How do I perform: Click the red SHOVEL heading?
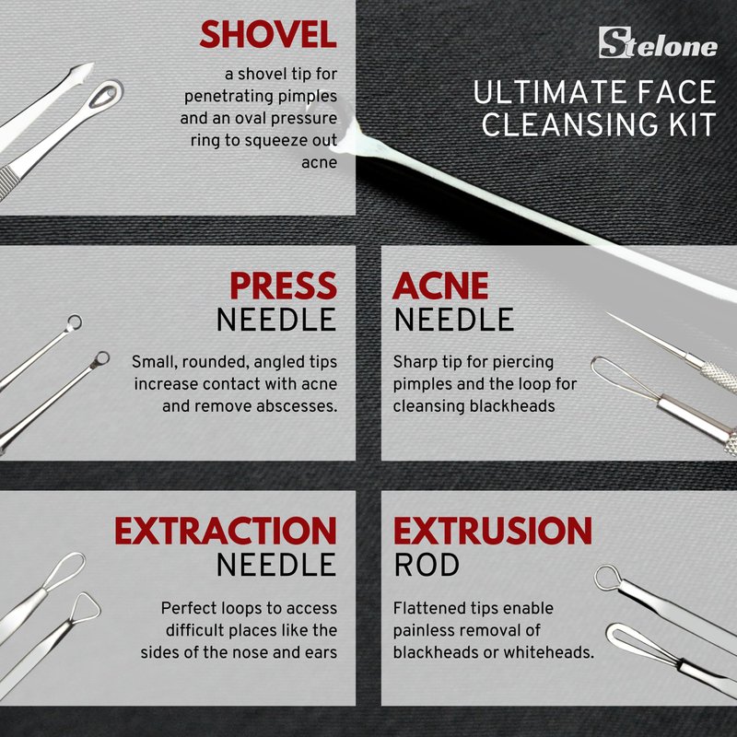click(268, 34)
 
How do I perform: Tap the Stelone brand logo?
click(658, 42)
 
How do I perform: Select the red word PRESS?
click(284, 286)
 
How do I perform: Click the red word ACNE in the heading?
click(441, 286)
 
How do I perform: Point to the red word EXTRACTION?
click(226, 531)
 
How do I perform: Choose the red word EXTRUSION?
click(493, 531)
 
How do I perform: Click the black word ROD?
click(427, 565)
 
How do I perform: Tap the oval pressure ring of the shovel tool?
click(106, 94)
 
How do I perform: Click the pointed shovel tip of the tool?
click(93, 64)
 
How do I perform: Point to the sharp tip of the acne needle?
click(607, 312)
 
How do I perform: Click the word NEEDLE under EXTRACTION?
click(276, 565)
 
